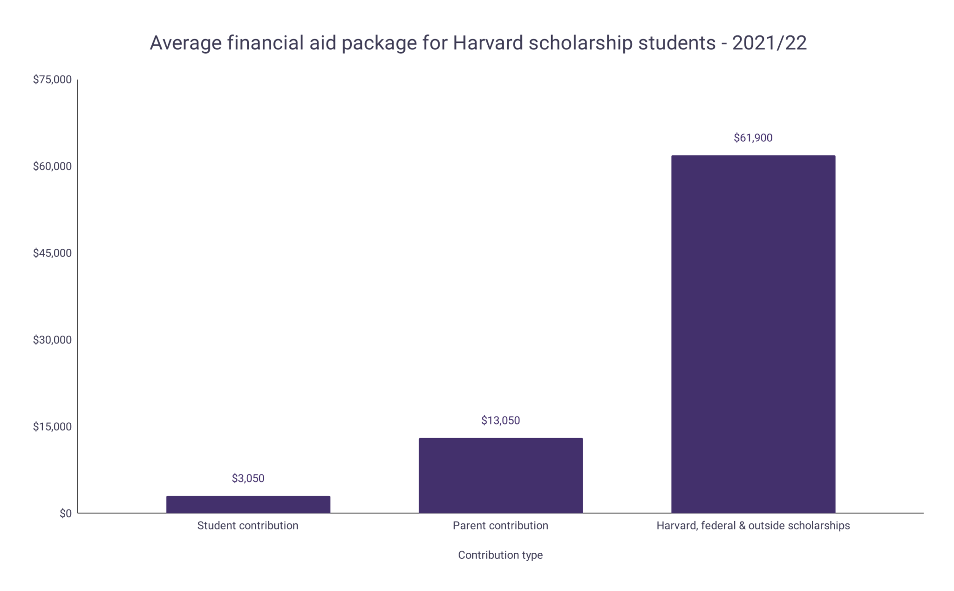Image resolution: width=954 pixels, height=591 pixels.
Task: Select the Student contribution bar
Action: tap(248, 504)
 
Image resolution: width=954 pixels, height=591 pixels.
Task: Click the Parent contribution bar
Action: tap(500, 475)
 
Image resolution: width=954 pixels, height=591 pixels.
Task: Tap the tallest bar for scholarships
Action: tap(753, 334)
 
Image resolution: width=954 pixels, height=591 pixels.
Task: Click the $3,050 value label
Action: tap(248, 478)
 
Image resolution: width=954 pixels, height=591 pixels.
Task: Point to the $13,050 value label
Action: tap(500, 420)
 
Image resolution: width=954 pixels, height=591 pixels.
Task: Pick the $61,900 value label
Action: tap(753, 137)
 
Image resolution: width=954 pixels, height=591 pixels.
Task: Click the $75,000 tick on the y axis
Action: tap(52, 80)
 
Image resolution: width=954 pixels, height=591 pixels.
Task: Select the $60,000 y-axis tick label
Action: tap(52, 166)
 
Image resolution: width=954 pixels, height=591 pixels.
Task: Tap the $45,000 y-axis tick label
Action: tap(52, 253)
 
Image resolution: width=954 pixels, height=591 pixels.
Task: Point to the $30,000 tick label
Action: tap(52, 340)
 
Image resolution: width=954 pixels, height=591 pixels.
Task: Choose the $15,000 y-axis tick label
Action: tap(52, 426)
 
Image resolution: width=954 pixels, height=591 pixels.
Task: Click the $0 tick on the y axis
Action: tap(65, 513)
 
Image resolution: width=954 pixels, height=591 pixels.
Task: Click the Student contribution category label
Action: tap(247, 526)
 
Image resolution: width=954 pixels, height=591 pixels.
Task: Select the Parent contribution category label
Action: tap(500, 526)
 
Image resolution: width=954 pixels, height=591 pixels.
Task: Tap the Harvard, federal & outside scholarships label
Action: tap(753, 526)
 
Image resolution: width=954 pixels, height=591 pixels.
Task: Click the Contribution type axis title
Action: tap(500, 555)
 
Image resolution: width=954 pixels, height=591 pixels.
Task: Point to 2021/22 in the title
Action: tap(769, 43)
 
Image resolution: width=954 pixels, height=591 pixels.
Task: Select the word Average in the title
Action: tap(185, 43)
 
